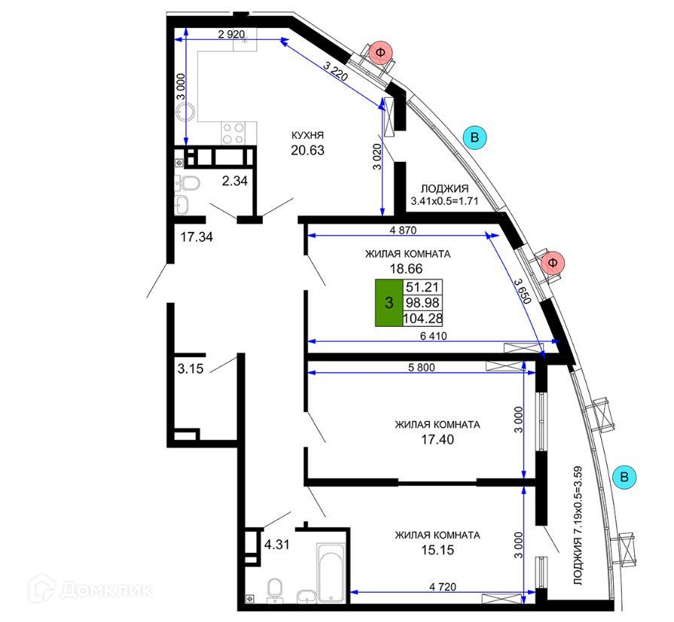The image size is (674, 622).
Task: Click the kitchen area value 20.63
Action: point(307,150)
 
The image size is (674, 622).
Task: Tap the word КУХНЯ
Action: point(307,135)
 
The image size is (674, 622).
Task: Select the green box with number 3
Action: point(389,303)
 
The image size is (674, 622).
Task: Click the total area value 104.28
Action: point(423,319)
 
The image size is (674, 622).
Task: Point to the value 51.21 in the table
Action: point(423,287)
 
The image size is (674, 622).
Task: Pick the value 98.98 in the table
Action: point(423,303)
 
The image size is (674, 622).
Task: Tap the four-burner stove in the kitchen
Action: point(233,133)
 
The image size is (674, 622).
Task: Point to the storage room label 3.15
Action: point(191,369)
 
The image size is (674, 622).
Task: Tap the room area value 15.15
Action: point(437,550)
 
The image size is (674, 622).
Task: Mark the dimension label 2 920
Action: point(233,35)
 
